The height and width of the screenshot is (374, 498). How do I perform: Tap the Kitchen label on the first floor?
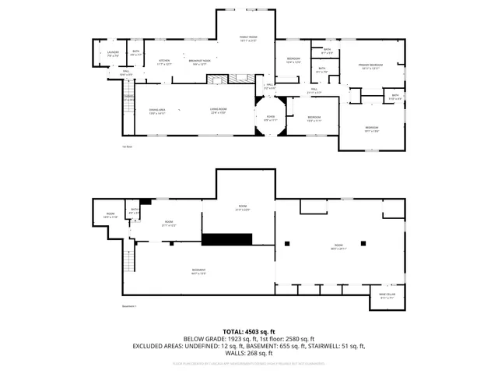(x=164, y=62)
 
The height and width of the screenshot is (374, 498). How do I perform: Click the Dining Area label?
(x=158, y=111)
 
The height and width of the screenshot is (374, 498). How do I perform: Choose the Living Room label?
(x=218, y=111)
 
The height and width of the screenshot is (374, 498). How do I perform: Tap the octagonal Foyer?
(x=269, y=119)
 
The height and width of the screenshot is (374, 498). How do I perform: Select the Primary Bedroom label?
(x=369, y=66)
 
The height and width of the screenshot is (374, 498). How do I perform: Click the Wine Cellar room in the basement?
(x=388, y=295)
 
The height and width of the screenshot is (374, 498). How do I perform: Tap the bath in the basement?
(x=135, y=210)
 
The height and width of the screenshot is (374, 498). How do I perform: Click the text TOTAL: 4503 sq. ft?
(x=249, y=331)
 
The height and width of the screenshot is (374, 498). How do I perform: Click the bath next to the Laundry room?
(x=135, y=54)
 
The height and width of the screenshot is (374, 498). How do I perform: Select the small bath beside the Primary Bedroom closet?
(x=395, y=97)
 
